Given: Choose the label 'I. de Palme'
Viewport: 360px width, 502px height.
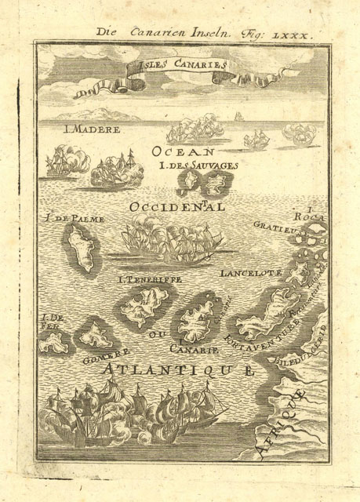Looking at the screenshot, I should (x=75, y=219).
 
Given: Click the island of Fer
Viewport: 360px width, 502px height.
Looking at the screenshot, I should (x=54, y=342).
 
